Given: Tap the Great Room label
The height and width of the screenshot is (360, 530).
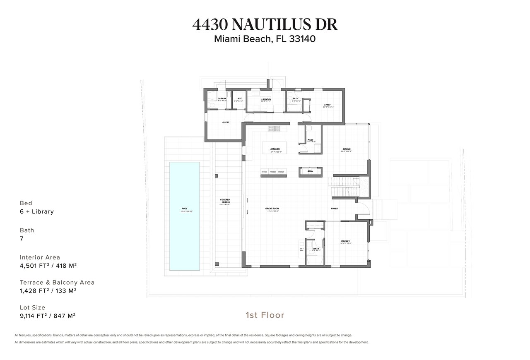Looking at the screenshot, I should click(x=272, y=209).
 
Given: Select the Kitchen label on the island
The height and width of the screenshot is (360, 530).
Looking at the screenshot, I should click(x=275, y=149).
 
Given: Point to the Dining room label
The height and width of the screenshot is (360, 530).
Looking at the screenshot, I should click(x=346, y=149).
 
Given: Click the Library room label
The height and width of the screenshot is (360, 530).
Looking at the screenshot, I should click(x=345, y=241).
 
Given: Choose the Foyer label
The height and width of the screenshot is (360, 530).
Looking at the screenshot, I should click(x=334, y=209).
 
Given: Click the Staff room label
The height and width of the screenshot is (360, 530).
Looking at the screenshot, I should click(x=327, y=105).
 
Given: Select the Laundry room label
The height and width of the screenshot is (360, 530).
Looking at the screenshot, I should click(x=266, y=99).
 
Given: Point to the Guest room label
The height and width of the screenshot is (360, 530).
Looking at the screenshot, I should click(x=226, y=122).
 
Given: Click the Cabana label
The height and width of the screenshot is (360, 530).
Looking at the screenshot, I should click(x=222, y=98).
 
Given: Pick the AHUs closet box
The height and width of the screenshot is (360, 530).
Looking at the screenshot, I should click(x=310, y=171).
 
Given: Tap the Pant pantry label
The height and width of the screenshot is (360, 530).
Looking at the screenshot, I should click(x=310, y=140).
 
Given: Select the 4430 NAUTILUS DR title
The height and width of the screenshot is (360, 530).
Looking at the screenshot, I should click(x=265, y=24).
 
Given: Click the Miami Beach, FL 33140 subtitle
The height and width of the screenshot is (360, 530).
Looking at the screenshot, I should click(x=265, y=39).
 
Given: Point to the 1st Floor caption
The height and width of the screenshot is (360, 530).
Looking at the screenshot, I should click(x=265, y=315).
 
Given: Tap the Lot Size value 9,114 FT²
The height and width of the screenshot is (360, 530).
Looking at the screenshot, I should click(x=47, y=316).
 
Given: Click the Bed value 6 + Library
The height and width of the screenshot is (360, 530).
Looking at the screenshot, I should click(x=37, y=211).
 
